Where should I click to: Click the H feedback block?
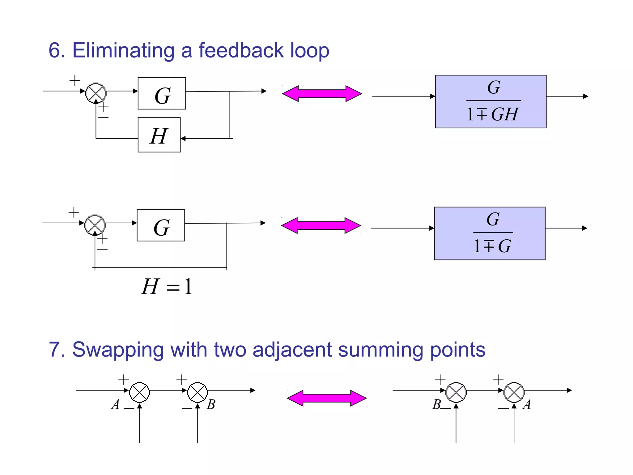point(159,135)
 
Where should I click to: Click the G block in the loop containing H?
point(162,93)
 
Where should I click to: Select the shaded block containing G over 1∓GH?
point(491,101)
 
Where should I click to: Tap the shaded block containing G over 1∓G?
point(490,233)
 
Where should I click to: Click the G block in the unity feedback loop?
point(161,225)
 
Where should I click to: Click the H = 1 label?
point(167,286)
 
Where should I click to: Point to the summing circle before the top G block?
point(96,93)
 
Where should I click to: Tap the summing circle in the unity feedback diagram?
point(95,225)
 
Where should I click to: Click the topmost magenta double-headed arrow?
point(322,94)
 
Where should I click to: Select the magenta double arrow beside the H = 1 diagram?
point(321,225)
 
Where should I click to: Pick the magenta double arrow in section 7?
point(327,398)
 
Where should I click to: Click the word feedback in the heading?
point(241,50)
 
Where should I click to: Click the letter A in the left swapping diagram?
point(115,404)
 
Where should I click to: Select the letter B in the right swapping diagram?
point(437,404)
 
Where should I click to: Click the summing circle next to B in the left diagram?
point(198,392)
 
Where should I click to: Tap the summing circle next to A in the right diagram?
point(514,392)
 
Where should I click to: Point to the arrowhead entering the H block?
point(183,139)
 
